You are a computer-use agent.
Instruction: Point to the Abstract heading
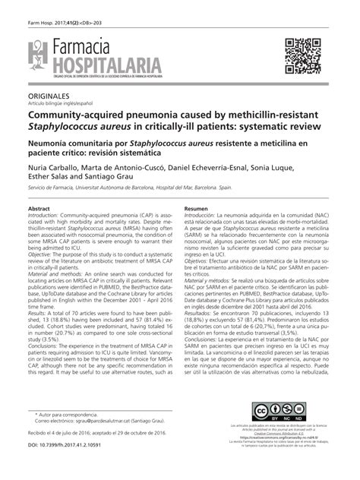(39, 209)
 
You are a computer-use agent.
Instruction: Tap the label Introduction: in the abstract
(47, 216)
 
